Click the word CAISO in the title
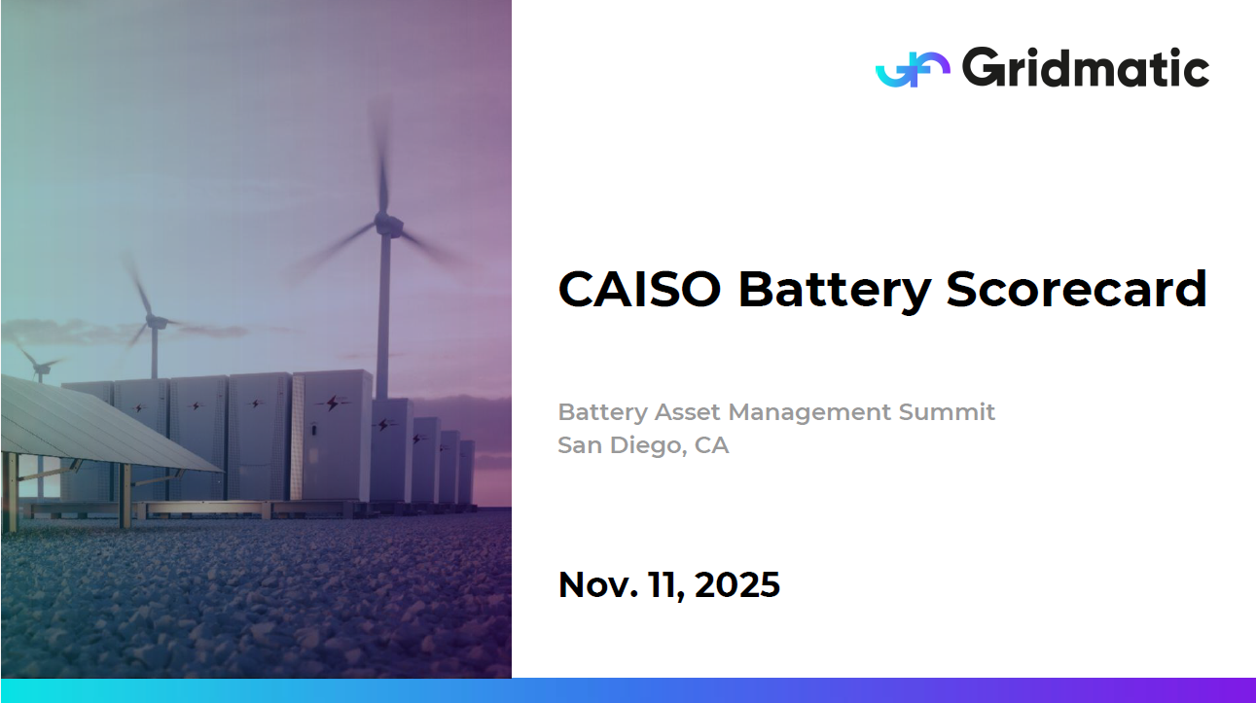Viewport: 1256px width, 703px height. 639,290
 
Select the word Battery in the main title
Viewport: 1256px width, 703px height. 835,291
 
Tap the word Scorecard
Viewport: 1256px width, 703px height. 1077,290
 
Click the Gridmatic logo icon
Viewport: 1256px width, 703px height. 913,69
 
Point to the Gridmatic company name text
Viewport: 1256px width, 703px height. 1086,67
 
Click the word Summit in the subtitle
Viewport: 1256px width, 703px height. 947,412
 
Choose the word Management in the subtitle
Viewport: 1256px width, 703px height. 809,413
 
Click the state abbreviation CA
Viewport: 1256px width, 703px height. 711,445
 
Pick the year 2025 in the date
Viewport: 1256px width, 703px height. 736,584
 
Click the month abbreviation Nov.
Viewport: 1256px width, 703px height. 597,584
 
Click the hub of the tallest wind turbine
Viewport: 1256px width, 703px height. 386,224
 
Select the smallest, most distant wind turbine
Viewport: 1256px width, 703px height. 38,365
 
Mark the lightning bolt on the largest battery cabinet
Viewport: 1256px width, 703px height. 333,403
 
